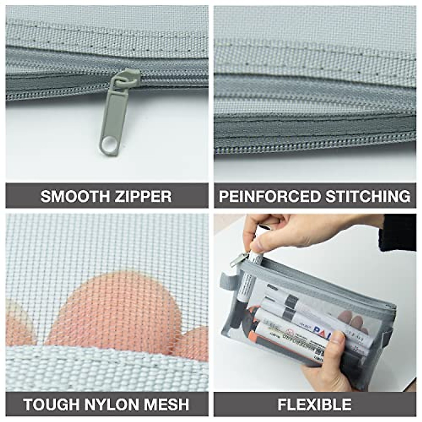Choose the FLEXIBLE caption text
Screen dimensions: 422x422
click(x=314, y=404)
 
